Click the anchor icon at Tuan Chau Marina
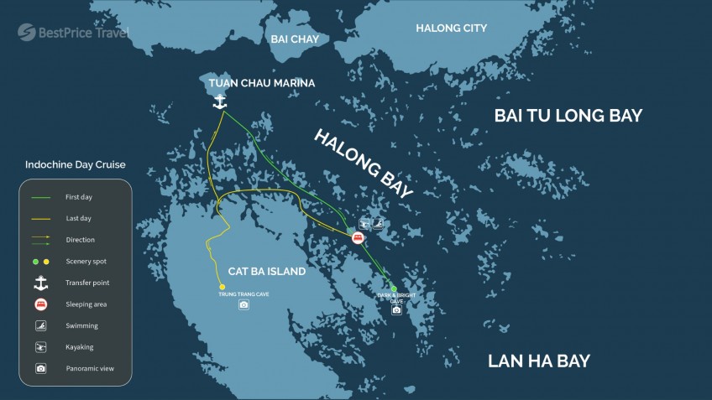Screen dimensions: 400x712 point(220,101)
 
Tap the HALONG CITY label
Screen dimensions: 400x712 point(451,29)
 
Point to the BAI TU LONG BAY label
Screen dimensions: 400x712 point(568,116)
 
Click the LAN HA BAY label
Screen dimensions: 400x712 point(539,361)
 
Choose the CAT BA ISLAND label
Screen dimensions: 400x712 point(267,272)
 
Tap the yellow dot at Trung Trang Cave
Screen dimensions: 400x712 point(222,287)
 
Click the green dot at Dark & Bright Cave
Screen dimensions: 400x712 point(394,289)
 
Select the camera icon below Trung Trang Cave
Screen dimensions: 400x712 point(243,304)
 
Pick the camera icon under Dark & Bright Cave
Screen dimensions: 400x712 point(396,310)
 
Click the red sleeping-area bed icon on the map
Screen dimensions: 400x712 point(359,239)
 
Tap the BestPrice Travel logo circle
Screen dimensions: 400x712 point(27,32)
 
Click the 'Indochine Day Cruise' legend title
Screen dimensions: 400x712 point(76,165)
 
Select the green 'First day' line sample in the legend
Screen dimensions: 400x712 point(40,197)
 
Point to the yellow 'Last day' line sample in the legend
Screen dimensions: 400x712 point(40,218)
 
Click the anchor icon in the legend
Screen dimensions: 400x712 point(40,283)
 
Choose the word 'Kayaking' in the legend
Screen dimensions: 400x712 point(80,347)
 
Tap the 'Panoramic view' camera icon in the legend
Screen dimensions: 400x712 point(40,368)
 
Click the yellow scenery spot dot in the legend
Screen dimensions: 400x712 point(46,262)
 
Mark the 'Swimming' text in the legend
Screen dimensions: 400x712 point(81,325)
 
